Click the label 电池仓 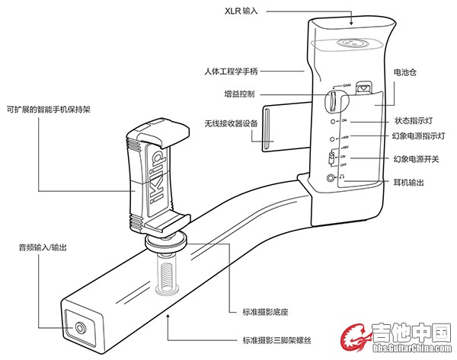404,72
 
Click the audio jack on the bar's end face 80,329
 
